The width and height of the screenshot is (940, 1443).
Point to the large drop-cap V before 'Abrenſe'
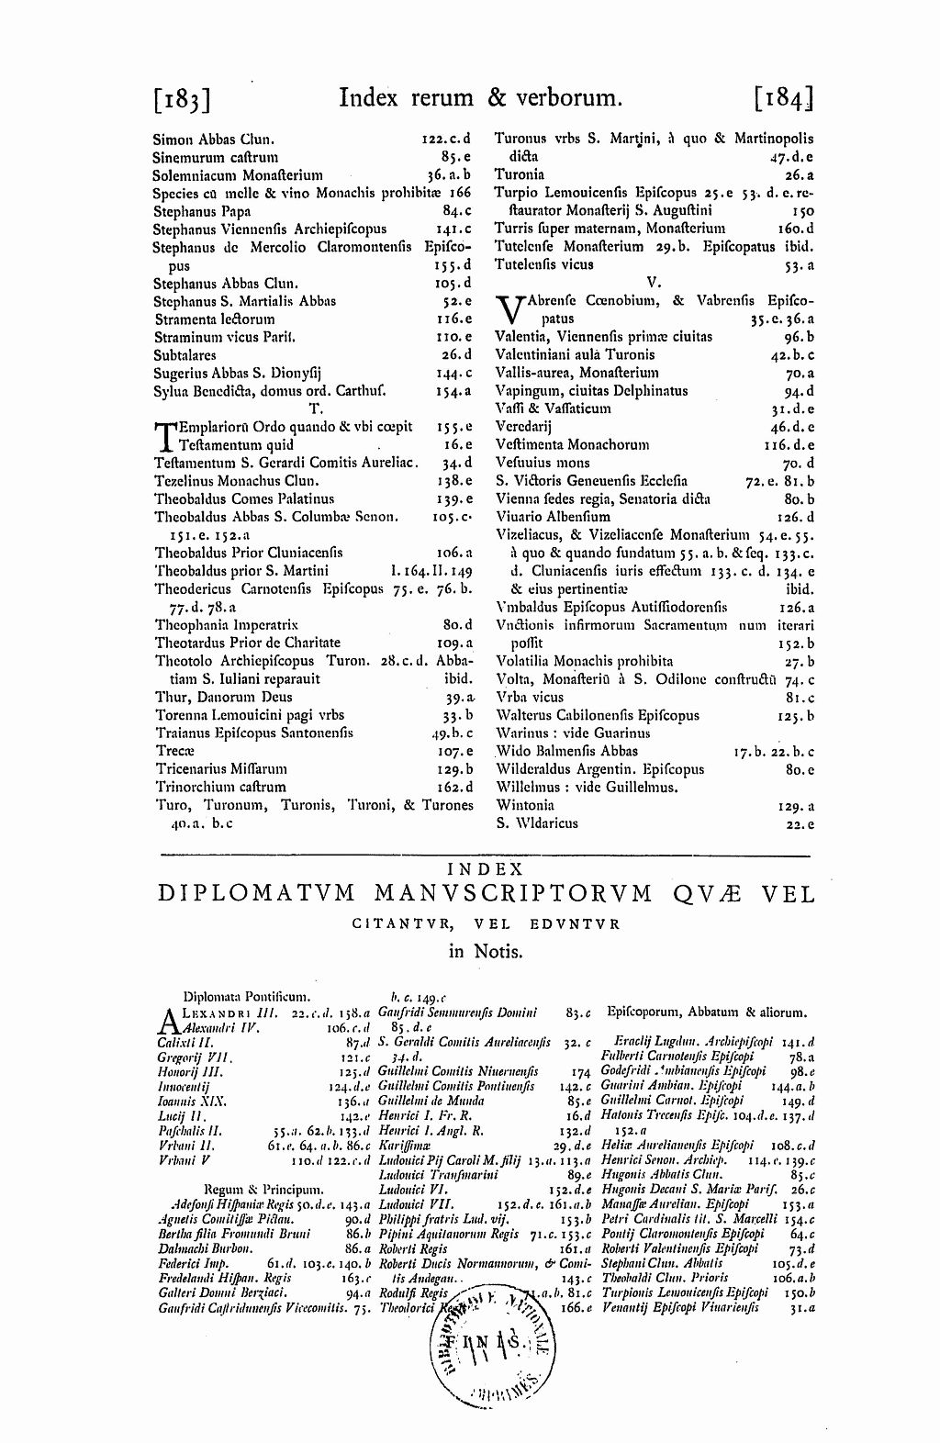pos(509,309)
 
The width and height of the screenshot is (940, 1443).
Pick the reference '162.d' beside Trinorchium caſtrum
pos(455,787)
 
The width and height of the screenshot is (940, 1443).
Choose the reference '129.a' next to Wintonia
pos(796,805)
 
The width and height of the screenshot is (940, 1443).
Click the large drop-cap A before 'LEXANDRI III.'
pos(171,1020)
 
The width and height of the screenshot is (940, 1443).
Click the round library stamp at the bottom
pos(489,1339)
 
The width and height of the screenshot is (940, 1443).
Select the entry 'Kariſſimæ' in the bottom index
pos(404,1146)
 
